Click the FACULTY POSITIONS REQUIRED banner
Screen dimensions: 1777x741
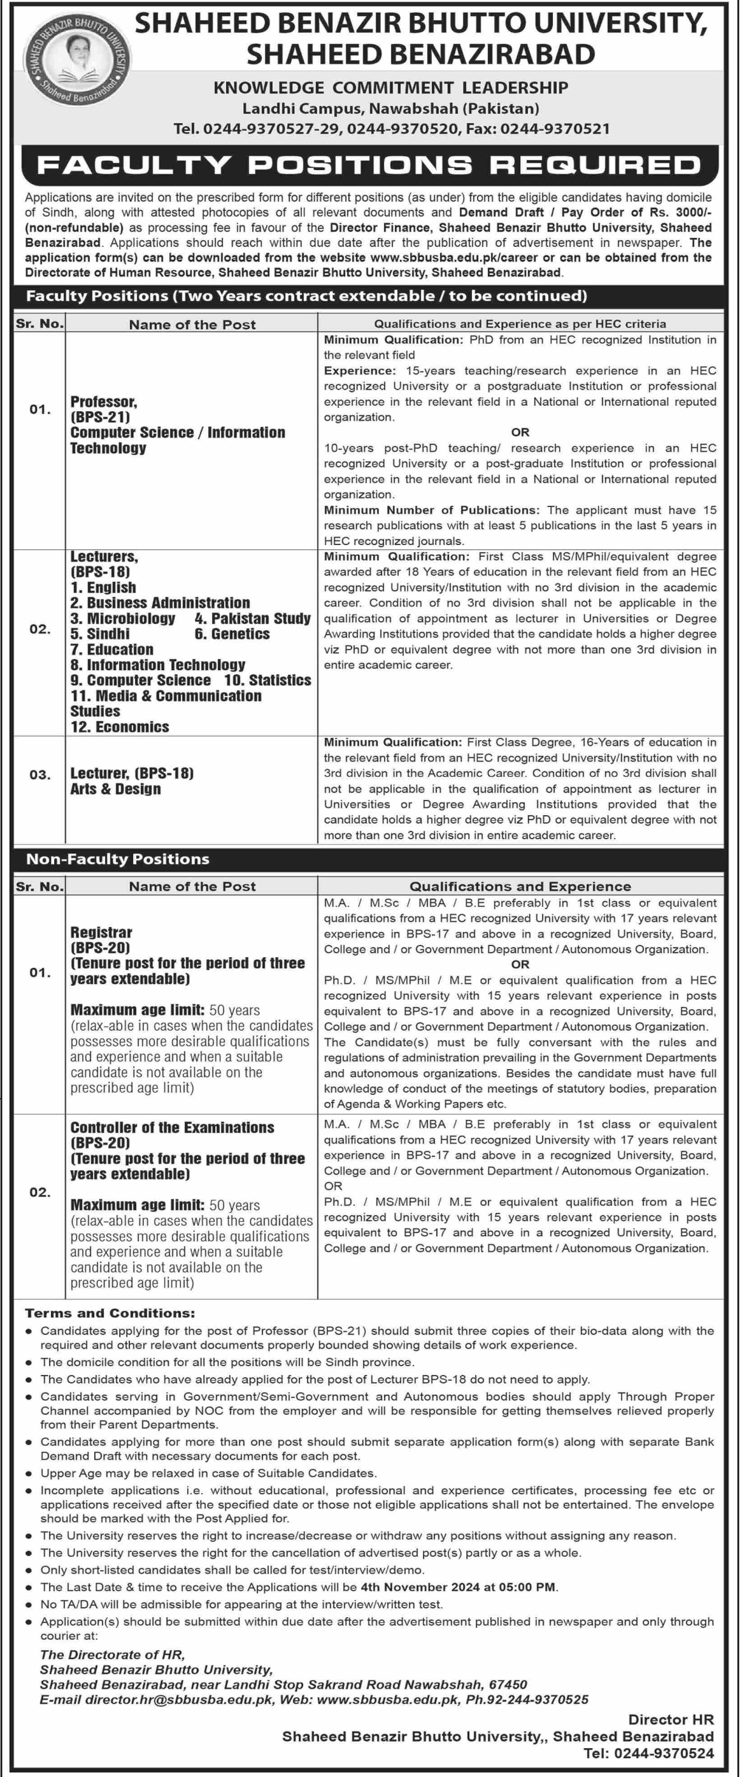click(x=370, y=165)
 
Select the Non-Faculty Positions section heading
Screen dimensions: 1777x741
click(x=117, y=859)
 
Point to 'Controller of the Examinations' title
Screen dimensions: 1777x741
click(x=172, y=1127)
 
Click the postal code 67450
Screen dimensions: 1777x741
click(x=508, y=1684)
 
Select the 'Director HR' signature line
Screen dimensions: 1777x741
click(x=671, y=1720)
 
